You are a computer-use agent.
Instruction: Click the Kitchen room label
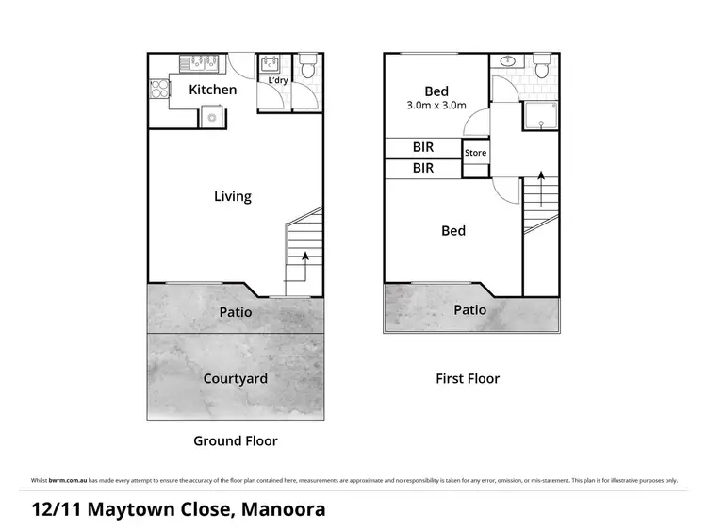coord(212,90)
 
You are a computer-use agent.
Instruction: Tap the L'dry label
coord(278,81)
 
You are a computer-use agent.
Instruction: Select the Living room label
coord(232,196)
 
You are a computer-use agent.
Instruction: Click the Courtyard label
coord(236,379)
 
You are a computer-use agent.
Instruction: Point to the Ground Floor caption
coord(236,440)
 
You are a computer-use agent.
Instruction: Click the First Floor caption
coord(468,378)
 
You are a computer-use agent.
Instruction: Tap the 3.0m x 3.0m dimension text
coord(436,106)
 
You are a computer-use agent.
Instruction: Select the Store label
coord(475,153)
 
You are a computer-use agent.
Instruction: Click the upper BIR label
coord(423,147)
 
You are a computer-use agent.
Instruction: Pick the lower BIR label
coord(423,169)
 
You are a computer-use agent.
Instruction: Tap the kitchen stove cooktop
coord(157,91)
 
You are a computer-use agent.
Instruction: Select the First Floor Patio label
coord(470,309)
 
